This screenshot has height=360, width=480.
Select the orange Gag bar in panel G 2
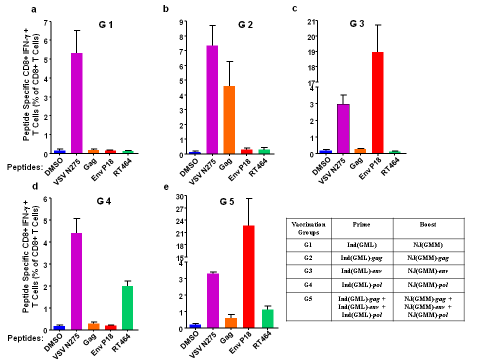tap(229, 120)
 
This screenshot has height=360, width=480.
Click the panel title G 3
tap(357, 23)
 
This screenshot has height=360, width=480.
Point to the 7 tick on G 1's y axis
tap(45, 22)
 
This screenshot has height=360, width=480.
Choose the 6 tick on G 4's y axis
tap(45, 198)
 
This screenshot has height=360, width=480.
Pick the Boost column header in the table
tap(428, 224)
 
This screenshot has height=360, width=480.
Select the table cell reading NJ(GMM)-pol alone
tap(428, 284)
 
